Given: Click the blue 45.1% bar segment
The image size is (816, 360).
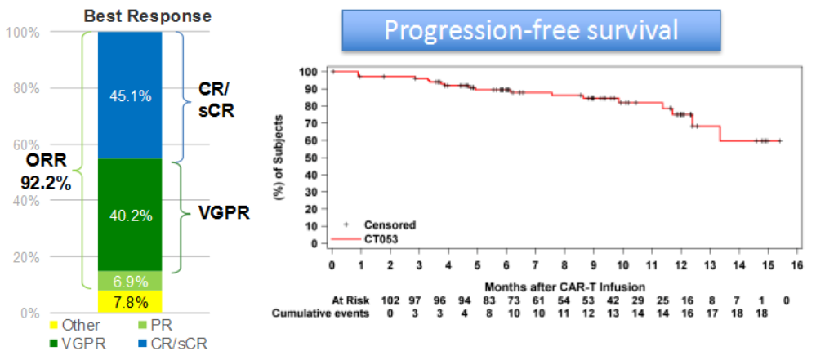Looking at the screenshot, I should tap(129, 95).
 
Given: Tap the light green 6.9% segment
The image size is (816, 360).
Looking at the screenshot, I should tap(129, 281).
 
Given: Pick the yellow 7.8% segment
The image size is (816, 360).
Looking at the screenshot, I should tap(129, 302).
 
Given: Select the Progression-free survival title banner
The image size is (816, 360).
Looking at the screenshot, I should tap(531, 31).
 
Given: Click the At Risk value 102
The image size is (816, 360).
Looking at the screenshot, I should tap(390, 300).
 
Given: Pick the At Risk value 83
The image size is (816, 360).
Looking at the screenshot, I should tap(506, 300).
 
